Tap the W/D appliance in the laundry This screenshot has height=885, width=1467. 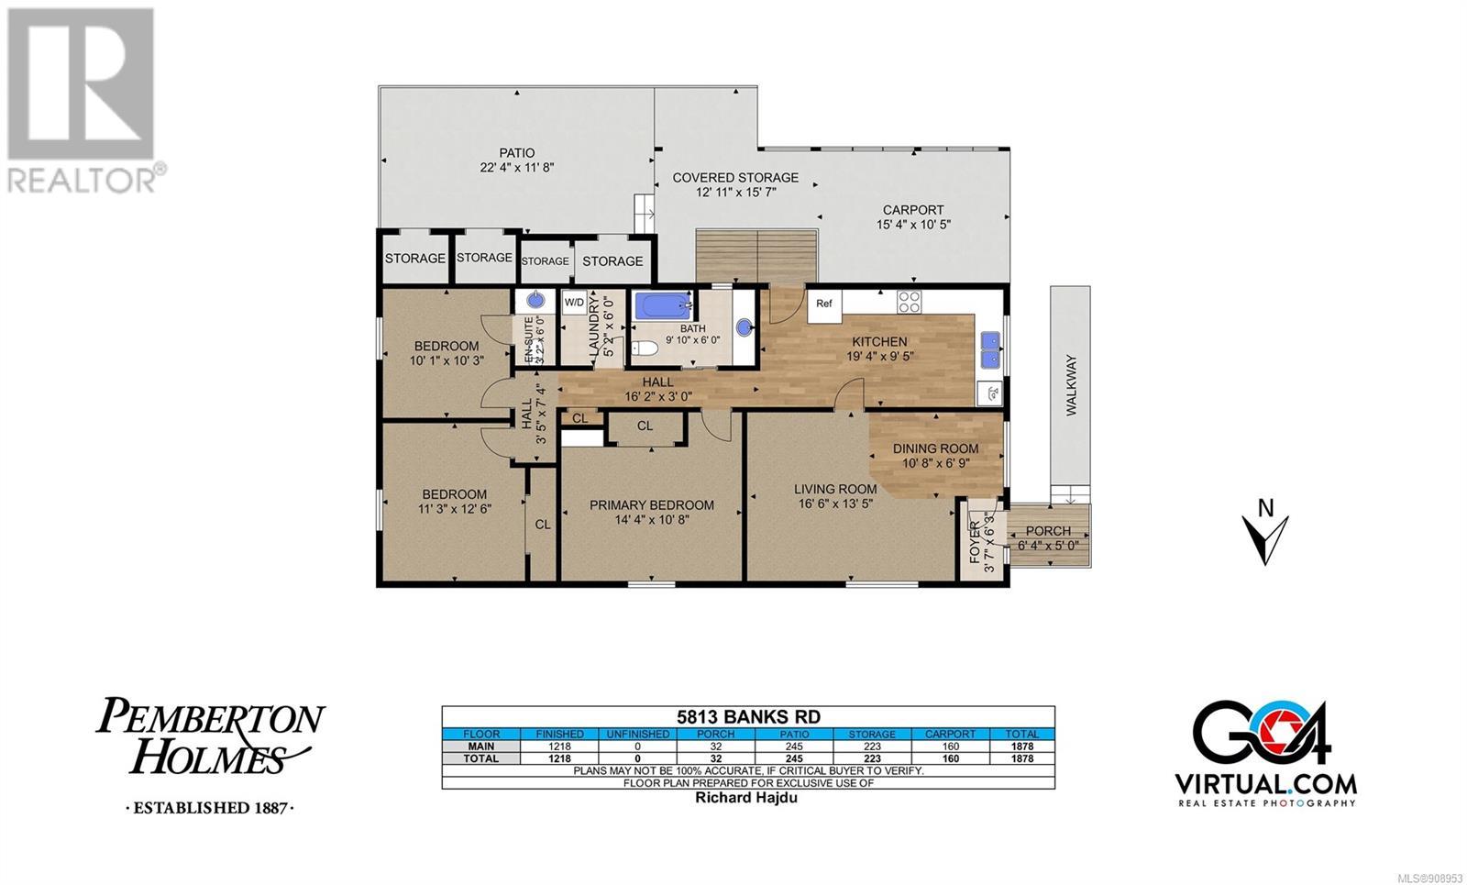click(574, 303)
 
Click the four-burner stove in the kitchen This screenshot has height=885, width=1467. click(909, 302)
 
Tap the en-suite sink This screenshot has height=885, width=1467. click(536, 300)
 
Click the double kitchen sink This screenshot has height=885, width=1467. click(989, 350)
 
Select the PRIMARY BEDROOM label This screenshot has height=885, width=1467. click(652, 505)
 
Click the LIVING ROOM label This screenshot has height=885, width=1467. click(835, 489)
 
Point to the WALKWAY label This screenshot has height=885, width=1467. click(1071, 385)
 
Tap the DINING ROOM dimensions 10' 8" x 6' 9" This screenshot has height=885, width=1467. click(935, 463)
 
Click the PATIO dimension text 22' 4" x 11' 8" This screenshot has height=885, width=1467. click(517, 167)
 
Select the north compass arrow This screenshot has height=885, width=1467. click(1265, 539)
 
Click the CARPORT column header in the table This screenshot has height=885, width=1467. click(950, 735)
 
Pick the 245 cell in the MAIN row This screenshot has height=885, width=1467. click(794, 747)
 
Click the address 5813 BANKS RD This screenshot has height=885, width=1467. click(748, 716)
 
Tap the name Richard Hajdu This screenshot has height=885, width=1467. click(746, 797)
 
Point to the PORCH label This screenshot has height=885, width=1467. click(1048, 531)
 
